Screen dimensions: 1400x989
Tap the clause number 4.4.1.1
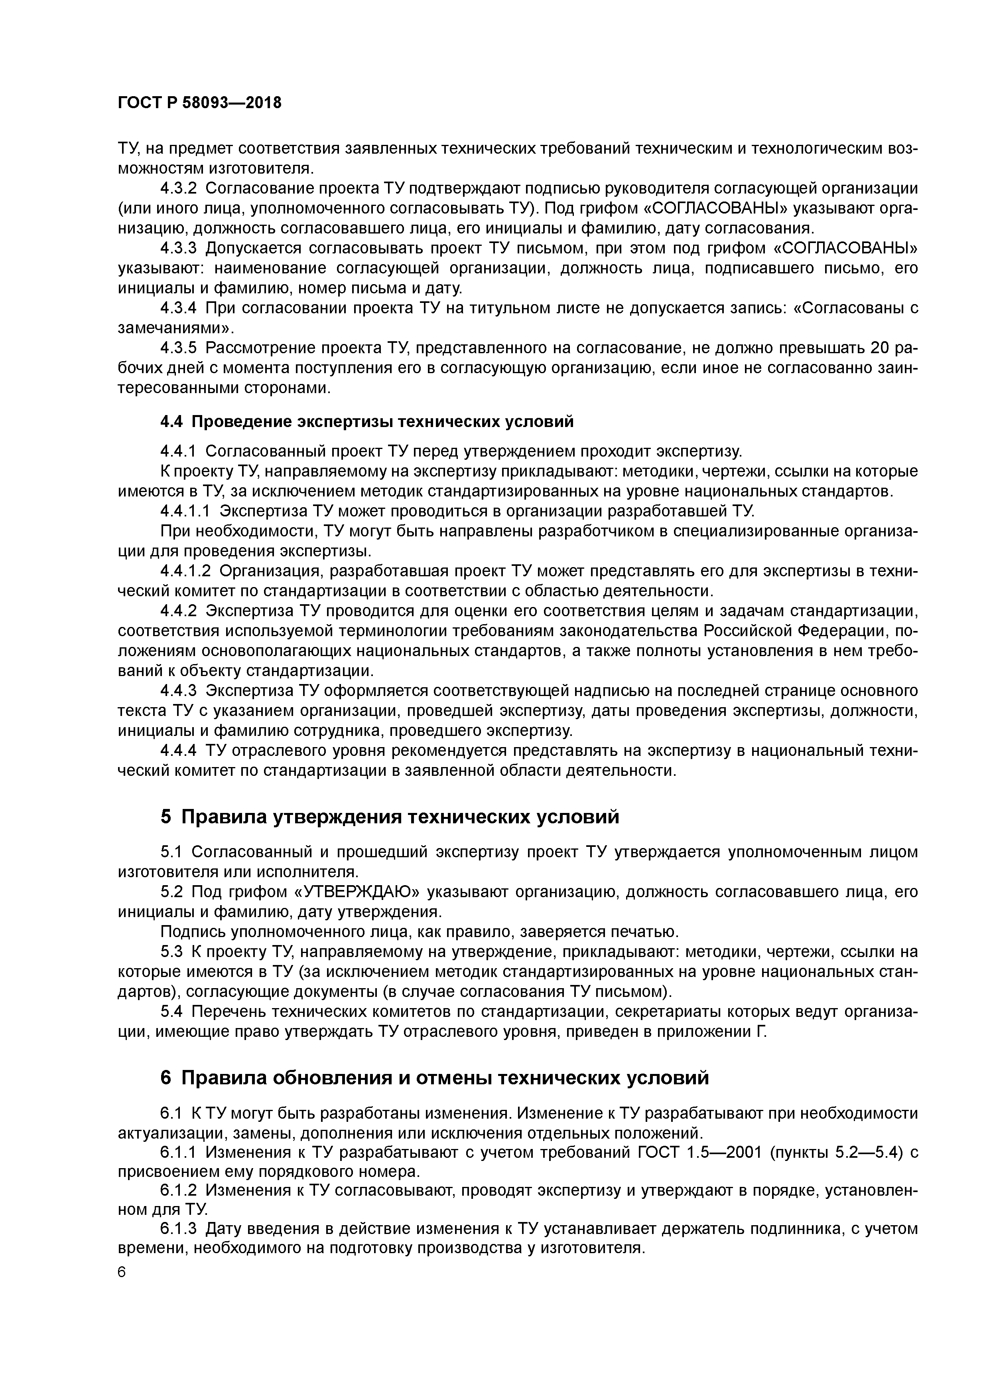coord(186,511)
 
